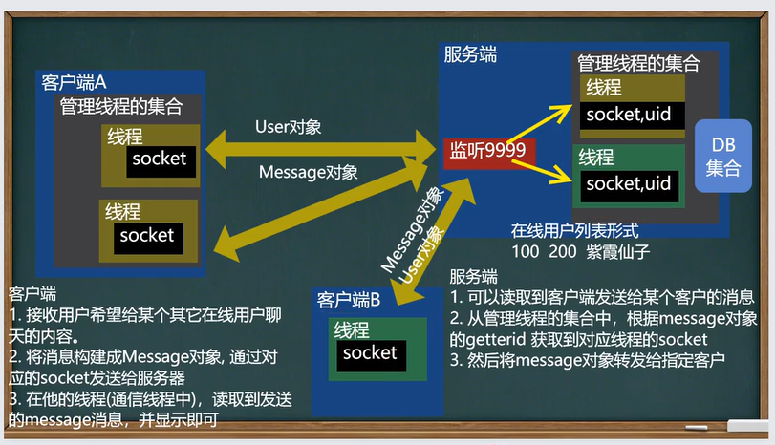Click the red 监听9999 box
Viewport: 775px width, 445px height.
tap(489, 153)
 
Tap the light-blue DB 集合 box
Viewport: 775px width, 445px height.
tap(723, 156)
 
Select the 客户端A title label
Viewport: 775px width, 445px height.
tap(74, 82)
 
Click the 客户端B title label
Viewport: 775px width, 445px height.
tap(349, 300)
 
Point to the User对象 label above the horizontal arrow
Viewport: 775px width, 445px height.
tap(289, 127)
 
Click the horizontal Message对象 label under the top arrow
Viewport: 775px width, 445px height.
tap(308, 172)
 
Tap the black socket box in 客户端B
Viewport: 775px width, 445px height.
tap(371, 355)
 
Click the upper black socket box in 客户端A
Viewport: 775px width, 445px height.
tap(161, 161)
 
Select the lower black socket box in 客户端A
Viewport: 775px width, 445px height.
tap(148, 239)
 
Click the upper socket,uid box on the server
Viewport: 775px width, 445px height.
tap(633, 117)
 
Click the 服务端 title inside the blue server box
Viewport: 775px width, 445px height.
tap(470, 54)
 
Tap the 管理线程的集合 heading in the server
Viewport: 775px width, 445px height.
tap(638, 64)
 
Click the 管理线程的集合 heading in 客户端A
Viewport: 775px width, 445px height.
tap(121, 107)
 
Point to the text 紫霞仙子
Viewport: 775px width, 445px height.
tap(618, 251)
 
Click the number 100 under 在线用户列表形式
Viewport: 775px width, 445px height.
tap(525, 251)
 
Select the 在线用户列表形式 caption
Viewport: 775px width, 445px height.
tap(575, 231)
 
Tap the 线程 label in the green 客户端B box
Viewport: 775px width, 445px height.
tap(352, 329)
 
